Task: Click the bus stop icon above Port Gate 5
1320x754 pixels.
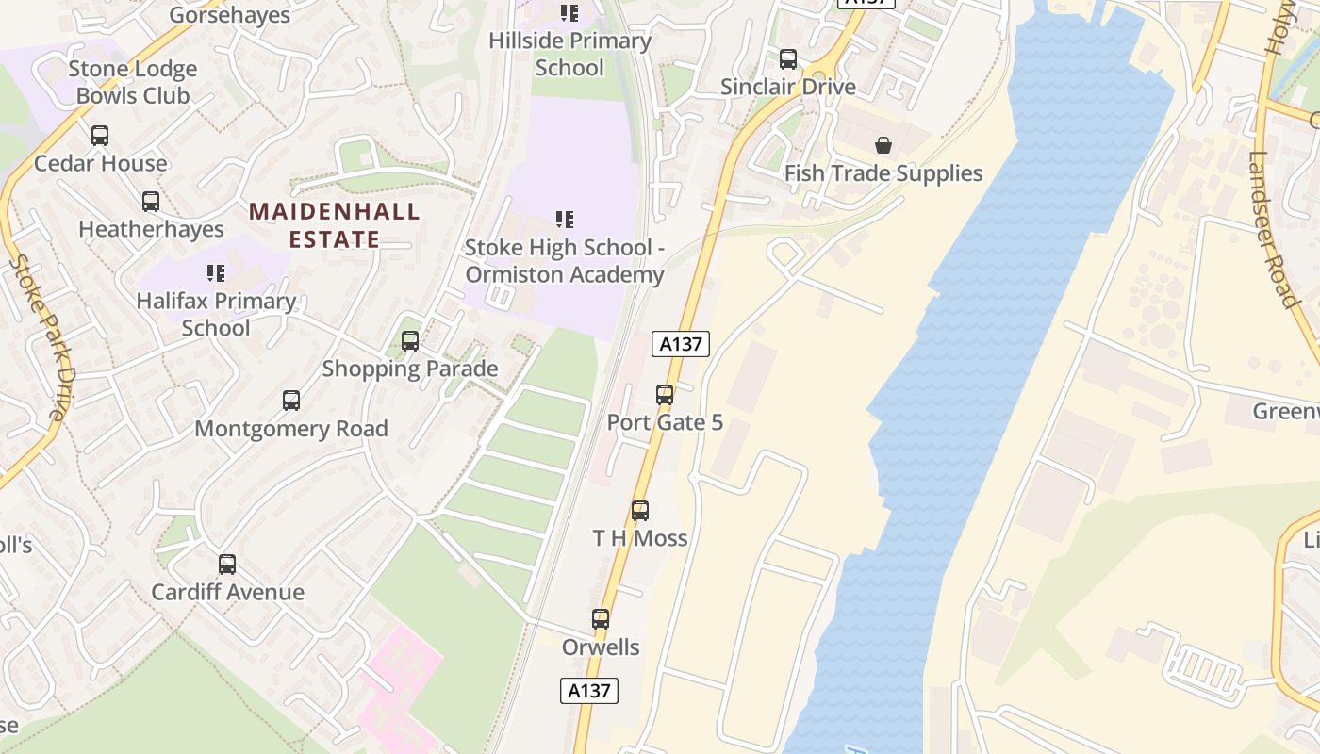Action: click(665, 395)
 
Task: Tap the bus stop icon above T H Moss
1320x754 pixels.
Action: click(640, 511)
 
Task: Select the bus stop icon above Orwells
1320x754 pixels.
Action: click(601, 619)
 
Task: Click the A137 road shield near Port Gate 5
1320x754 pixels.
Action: click(681, 344)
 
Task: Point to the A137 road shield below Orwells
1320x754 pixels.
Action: click(589, 691)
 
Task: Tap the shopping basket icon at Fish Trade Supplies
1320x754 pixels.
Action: click(883, 145)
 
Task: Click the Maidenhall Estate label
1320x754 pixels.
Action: click(335, 225)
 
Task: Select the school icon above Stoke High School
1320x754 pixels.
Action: click(565, 220)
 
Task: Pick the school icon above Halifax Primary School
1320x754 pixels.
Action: click(216, 273)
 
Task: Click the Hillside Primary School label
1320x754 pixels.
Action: click(569, 54)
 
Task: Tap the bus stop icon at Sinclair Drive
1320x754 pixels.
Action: click(788, 59)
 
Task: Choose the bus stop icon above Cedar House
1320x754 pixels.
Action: click(100, 136)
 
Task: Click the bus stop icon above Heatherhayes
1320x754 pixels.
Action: click(151, 202)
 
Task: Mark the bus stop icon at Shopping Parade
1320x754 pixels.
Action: click(410, 341)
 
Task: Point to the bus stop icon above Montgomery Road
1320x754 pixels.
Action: click(291, 401)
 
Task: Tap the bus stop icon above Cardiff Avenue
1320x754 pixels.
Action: click(227, 565)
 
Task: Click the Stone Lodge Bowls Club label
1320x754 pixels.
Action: click(133, 82)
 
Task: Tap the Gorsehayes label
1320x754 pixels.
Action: click(229, 14)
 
